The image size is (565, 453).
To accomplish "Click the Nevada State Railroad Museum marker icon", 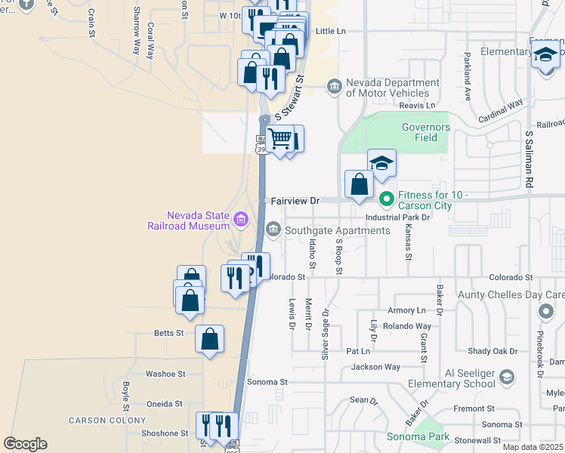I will tap(242, 220).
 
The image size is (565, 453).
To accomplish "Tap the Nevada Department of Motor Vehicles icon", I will tap(334, 88).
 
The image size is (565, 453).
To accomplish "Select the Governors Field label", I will tap(426, 133).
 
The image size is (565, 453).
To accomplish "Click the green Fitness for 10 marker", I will tap(386, 200).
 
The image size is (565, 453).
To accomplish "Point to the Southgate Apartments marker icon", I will tap(273, 230).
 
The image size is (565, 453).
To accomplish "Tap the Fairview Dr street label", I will tap(295, 202).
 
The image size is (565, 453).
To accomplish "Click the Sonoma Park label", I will tap(418, 437).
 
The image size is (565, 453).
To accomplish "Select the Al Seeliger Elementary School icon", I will tap(507, 377).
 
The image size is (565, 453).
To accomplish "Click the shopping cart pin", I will tap(280, 140).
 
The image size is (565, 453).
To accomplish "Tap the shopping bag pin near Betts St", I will tap(210, 339).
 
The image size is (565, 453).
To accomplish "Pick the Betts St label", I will tap(168, 333).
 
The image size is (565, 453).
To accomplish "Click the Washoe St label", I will tap(165, 374).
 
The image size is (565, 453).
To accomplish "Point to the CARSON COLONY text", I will tap(107, 421).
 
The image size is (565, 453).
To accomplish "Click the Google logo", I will tap(25, 444).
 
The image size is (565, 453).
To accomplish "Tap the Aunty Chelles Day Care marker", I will tap(546, 311).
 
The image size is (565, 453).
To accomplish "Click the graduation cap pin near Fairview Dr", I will tap(381, 163).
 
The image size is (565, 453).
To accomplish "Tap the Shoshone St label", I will tap(165, 433).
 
